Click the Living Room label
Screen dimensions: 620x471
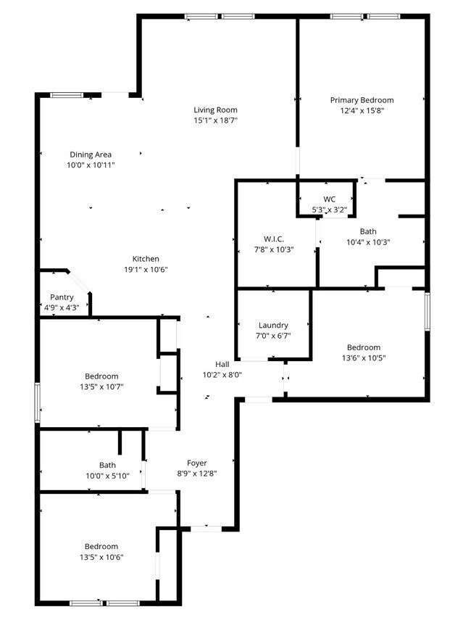coord(215,110)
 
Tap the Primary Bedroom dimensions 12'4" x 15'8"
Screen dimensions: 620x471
coord(362,111)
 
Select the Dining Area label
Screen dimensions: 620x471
coord(91,154)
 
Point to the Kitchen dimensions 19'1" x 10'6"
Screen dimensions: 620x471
coord(146,270)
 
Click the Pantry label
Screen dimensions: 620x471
coord(62,297)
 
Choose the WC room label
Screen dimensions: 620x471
coord(329,199)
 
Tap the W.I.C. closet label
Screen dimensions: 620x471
coord(273,239)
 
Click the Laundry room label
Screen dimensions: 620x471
coord(273,326)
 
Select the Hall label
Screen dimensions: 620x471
coord(222,364)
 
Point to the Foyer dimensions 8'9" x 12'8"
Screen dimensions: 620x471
coord(197,473)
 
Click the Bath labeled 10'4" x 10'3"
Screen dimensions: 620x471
coord(368,232)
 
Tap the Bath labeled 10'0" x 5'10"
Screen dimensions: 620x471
coord(107,466)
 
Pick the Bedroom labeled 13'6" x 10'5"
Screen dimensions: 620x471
coord(363,347)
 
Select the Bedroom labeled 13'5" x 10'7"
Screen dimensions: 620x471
coord(101,376)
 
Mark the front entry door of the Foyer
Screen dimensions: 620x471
coord(206,529)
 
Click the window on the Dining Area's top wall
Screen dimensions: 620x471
coord(66,94)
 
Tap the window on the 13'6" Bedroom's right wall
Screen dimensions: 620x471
coord(428,311)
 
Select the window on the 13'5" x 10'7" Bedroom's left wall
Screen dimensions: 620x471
coord(37,402)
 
